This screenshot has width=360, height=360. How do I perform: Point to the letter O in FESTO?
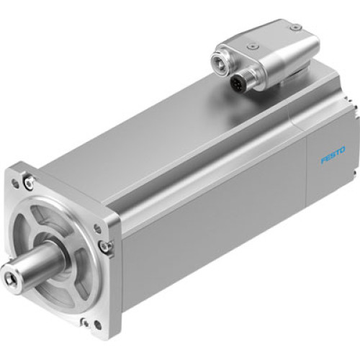point(342,150)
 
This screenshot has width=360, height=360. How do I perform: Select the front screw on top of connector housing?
point(253,45)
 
